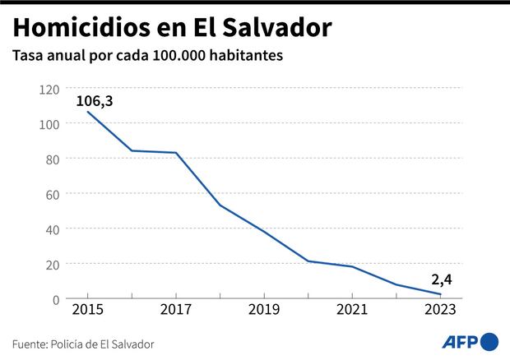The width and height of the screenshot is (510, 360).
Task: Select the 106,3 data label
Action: tap(94, 101)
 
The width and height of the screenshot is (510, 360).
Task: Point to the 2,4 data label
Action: tap(442, 280)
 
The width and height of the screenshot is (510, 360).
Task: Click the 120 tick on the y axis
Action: tap(50, 88)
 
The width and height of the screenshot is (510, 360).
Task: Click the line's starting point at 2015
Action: tap(87, 112)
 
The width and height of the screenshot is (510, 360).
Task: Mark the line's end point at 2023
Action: tap(440, 294)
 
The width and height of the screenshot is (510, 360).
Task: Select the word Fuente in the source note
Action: tap(30, 344)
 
